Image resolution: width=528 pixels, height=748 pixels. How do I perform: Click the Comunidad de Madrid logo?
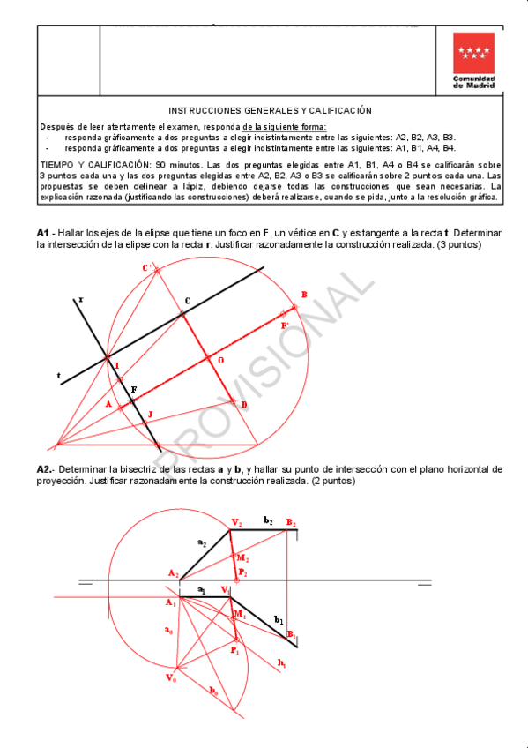point(473,59)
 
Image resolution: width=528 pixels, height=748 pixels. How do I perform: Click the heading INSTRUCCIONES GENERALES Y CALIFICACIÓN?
point(270,110)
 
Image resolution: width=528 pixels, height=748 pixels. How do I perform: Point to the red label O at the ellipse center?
point(219,361)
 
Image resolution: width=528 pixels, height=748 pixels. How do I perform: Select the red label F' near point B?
point(284,325)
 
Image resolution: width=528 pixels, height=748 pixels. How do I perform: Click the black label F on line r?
point(133,389)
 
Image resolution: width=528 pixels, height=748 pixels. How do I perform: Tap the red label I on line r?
point(117,365)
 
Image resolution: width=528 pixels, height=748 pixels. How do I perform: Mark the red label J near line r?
point(150,413)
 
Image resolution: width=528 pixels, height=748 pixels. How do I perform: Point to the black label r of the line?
point(81,300)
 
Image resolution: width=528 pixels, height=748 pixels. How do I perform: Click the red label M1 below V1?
point(239,613)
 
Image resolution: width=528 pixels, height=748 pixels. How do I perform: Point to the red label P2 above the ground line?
point(242,573)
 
